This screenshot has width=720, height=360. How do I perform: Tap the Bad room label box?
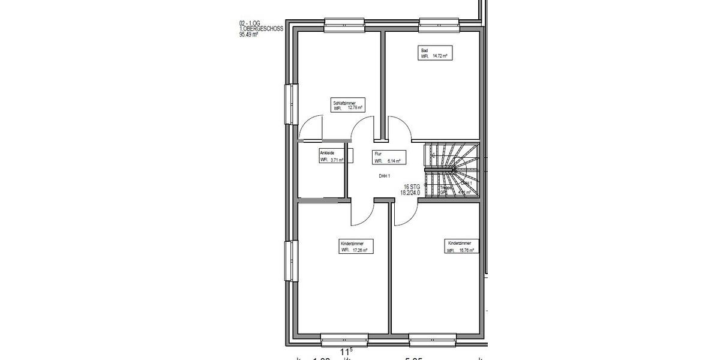coord(434,53)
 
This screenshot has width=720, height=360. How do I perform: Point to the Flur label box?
coord(389,157)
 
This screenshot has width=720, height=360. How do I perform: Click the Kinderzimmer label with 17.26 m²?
coord(356,247)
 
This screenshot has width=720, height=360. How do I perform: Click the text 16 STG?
coord(412,187)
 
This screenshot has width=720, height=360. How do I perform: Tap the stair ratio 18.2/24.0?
coord(410,193)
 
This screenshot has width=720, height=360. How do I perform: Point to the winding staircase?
coord(452,170)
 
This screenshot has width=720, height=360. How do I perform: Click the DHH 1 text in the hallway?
coord(385,176)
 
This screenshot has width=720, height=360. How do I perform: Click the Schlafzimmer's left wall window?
coord(291,103)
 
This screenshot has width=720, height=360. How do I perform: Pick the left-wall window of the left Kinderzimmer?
coord(291,261)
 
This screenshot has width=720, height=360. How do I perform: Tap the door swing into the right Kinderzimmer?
coord(403,213)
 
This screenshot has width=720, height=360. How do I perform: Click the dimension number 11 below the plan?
coord(344,353)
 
